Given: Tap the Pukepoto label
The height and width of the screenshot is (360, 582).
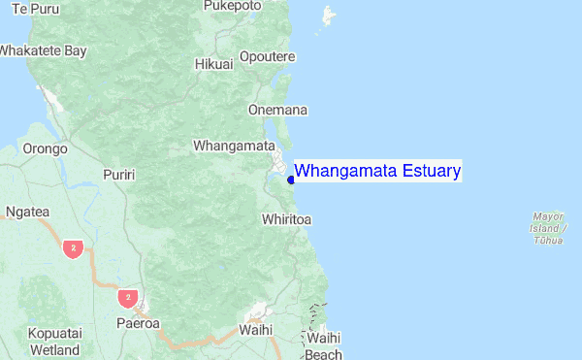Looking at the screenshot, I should coord(232,6).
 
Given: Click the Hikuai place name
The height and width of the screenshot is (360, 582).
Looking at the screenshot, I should coord(214,64).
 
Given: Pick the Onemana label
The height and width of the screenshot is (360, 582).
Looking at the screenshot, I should coord(277,110).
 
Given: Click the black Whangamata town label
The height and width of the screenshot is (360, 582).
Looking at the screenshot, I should coord(234,146).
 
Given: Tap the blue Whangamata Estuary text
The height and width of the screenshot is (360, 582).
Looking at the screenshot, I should coord(377,171).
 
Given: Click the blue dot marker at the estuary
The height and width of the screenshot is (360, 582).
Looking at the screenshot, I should coord(291,179).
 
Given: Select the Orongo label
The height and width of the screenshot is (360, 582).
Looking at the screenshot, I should coord(45,149).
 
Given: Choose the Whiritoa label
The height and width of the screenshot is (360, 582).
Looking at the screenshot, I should coord(286,220).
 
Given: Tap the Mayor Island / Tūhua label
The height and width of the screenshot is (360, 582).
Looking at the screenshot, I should coord(549,227).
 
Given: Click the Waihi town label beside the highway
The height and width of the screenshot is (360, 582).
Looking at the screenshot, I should coord(255,330).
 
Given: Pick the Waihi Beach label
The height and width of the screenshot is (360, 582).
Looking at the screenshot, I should coord(323,346).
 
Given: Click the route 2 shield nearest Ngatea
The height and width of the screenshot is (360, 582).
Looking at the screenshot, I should coord(72,249).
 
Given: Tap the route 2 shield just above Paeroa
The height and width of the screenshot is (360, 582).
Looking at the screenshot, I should coord(126,296).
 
